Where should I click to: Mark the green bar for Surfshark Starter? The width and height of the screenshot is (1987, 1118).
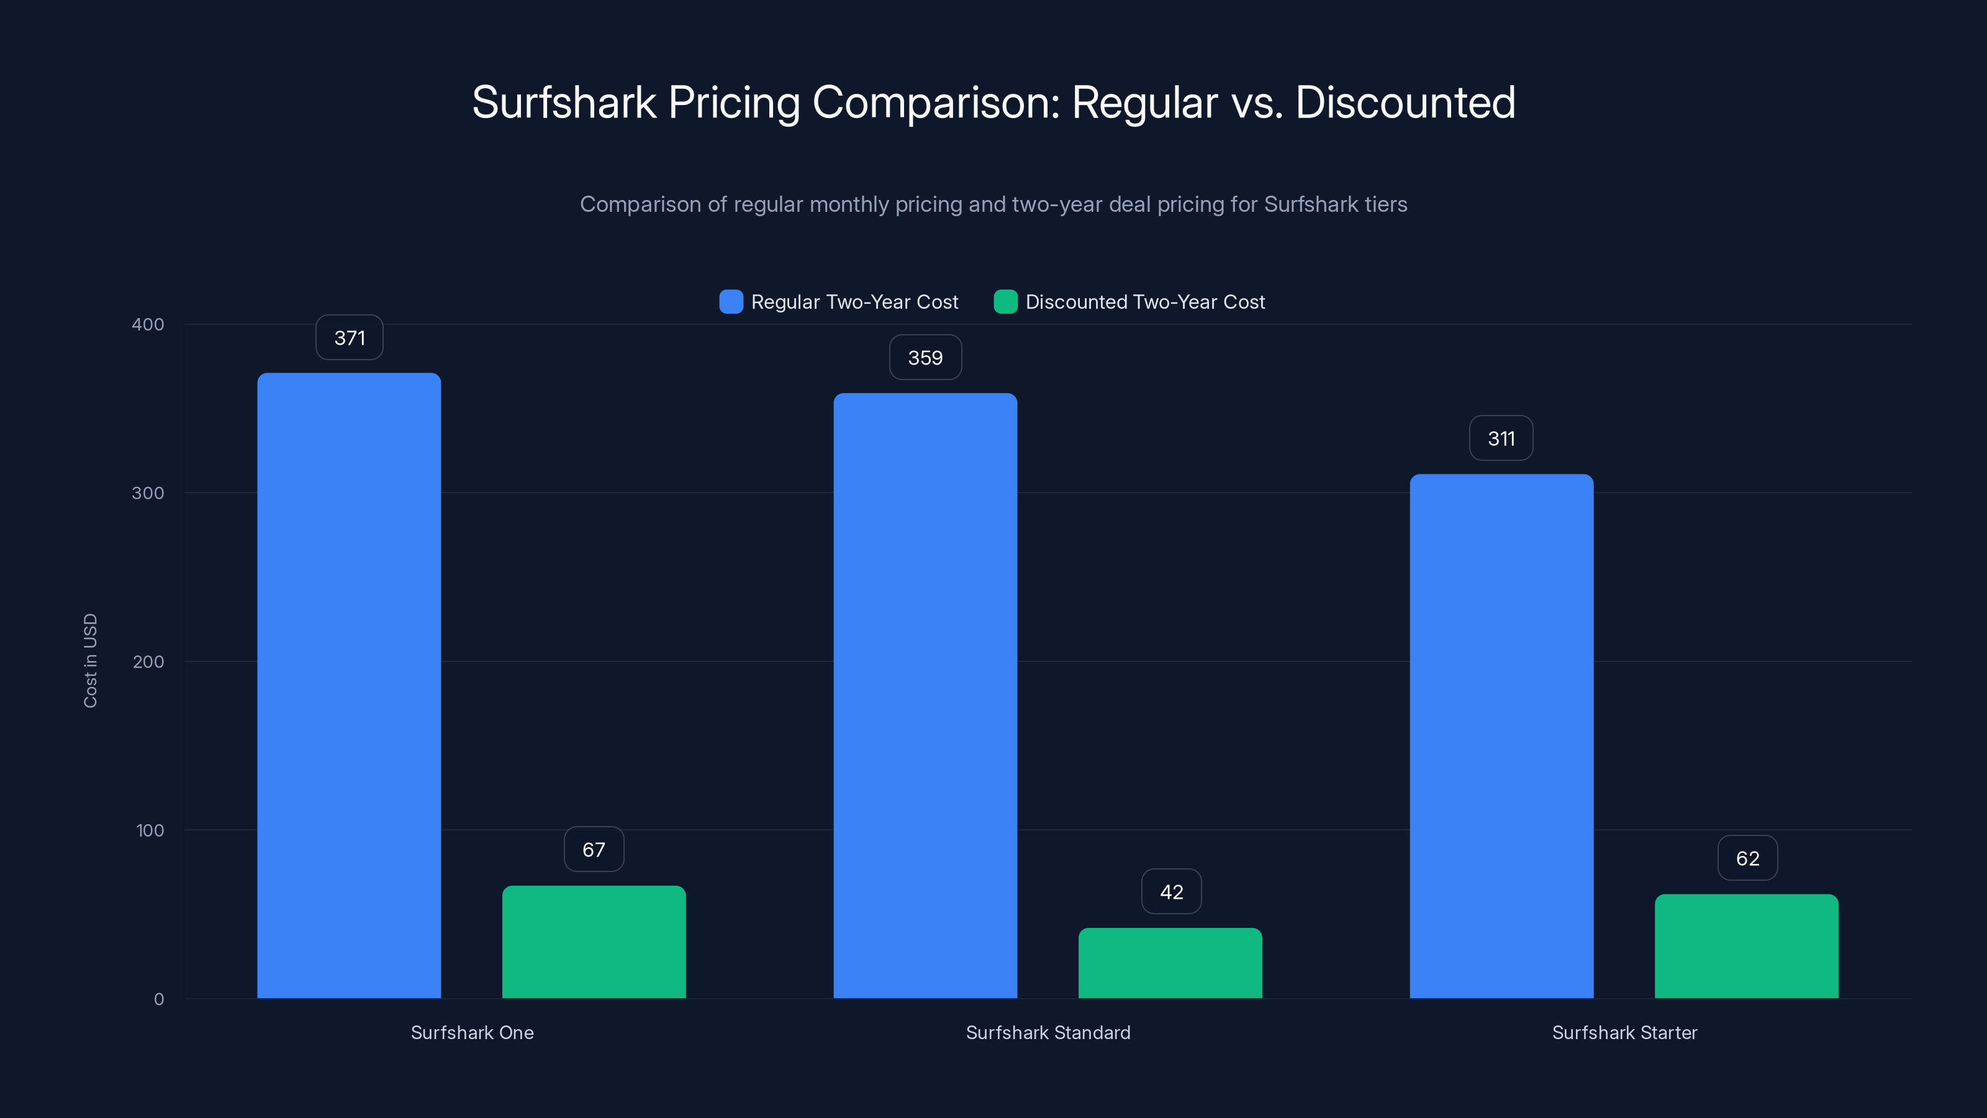coord(1746,946)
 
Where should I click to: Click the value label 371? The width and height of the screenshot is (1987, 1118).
coord(350,338)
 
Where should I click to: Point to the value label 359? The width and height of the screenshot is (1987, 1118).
coord(925,358)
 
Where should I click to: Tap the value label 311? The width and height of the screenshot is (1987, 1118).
coord(1501,439)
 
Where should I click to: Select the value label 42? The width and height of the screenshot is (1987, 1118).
coord(1171,892)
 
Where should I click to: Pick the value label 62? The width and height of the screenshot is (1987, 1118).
coord(1747,858)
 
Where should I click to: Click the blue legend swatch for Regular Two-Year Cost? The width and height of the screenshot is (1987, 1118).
coord(730,302)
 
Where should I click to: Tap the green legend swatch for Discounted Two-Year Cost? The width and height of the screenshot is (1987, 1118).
coord(1005,302)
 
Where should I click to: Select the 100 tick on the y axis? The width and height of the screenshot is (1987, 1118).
coord(150,830)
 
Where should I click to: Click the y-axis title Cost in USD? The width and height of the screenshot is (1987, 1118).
coord(90,660)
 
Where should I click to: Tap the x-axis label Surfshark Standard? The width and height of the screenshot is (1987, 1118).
coord(1048,1032)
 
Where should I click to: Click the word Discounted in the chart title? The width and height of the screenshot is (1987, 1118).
coord(1405,102)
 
